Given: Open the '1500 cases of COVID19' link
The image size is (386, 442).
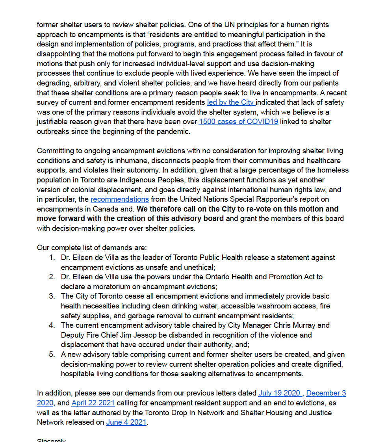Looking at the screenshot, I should [x=238, y=122].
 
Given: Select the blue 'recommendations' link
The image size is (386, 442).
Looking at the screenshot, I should [x=120, y=199].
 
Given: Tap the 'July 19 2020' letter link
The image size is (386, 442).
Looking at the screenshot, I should [x=280, y=393].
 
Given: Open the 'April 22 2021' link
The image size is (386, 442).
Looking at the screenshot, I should [x=93, y=403].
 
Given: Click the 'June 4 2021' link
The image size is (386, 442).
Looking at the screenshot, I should [x=126, y=422].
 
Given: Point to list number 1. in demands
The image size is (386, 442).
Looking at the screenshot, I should [x=52, y=258].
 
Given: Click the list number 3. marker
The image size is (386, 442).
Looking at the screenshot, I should [x=52, y=296].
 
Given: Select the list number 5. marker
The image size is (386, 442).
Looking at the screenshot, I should [x=52, y=355].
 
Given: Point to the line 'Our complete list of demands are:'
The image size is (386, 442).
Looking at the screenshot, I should [x=92, y=248].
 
